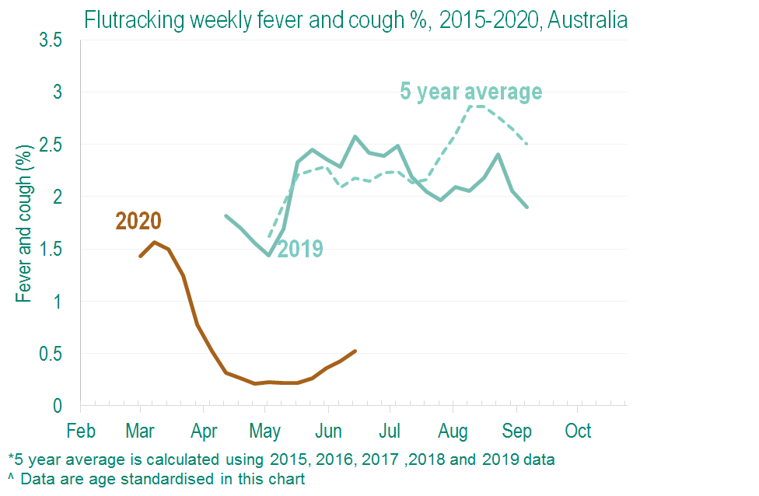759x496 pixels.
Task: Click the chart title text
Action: pos(355,19)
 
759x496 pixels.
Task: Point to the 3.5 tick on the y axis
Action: pos(51,40)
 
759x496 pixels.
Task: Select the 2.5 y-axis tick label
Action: pos(51,145)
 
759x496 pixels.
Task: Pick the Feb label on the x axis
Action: pos(81,431)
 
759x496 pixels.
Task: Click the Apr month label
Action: pos(204,431)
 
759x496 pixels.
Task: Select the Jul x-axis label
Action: pos(390,431)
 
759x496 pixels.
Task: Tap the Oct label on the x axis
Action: pos(578,431)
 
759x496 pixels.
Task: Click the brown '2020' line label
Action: pos(138,222)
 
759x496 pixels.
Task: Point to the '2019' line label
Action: pos(300,250)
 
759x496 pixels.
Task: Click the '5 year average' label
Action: pos(470,92)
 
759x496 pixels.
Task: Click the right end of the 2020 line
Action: pos(355,351)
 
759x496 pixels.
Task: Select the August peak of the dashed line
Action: pos(476,106)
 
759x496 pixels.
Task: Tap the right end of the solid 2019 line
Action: pos(527,207)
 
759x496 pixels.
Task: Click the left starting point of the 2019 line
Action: pos(225,215)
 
